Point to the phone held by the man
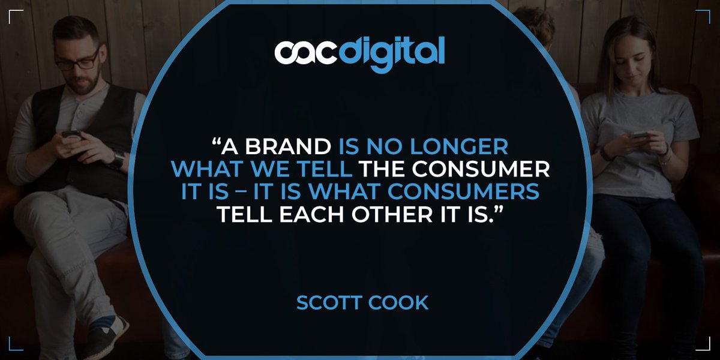[x=71, y=134]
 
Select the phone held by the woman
[x=639, y=134]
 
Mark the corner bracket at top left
[x=16, y=16]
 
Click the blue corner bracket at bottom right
[x=704, y=344]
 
